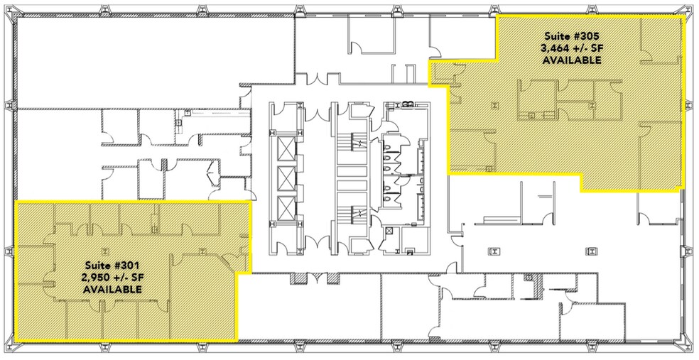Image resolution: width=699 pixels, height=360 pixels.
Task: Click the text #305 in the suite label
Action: [x=585, y=35]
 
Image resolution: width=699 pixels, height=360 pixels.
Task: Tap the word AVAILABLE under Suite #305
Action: [x=572, y=61]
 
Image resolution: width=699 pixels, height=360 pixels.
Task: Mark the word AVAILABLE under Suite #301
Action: [x=112, y=290]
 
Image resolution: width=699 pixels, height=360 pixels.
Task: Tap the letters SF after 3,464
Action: [x=593, y=48]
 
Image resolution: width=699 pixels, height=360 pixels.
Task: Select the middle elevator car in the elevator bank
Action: [x=285, y=178]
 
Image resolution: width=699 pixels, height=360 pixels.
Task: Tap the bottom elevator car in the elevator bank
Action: [x=285, y=208]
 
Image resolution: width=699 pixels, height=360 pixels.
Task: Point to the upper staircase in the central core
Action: [x=349, y=149]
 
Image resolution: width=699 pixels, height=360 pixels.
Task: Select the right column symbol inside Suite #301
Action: [x=202, y=250]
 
